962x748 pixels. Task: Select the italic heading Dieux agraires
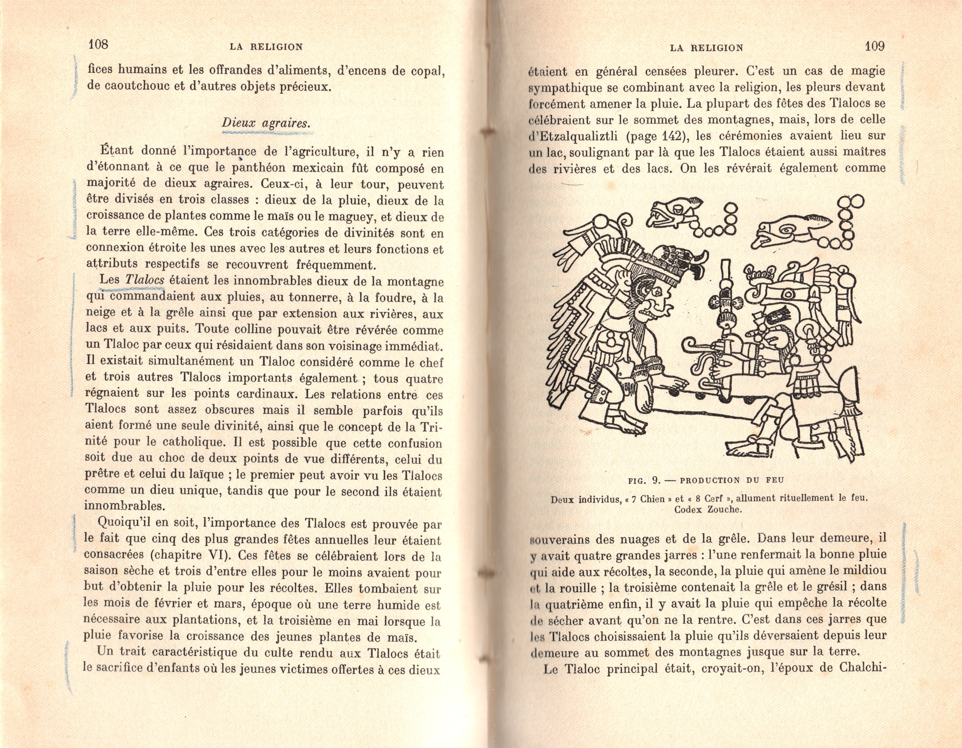[x=266, y=123]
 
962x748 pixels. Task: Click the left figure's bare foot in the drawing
[x=628, y=423]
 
